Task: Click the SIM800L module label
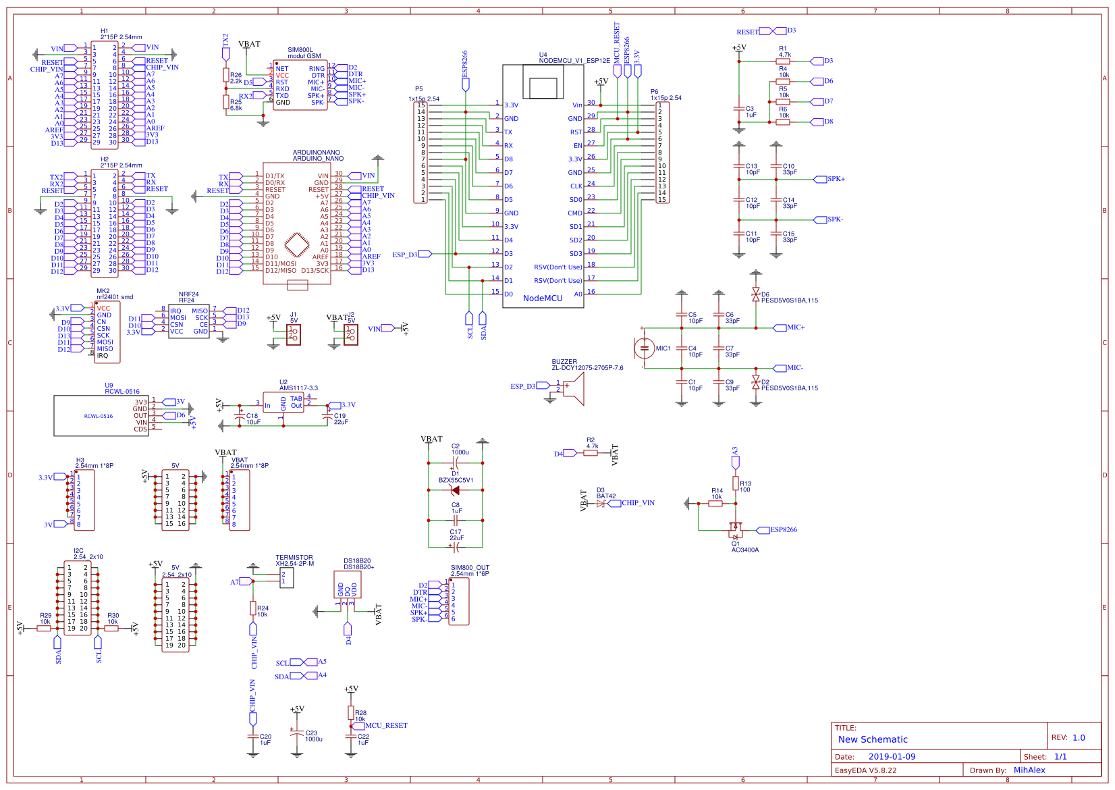pyautogui.click(x=300, y=50)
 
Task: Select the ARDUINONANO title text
pyautogui.click(x=317, y=153)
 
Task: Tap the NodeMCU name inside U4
pyautogui.click(x=543, y=298)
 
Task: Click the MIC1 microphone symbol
pyautogui.click(x=645, y=348)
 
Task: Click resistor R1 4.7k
pyautogui.click(x=783, y=61)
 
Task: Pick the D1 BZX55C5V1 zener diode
pyautogui.click(x=456, y=490)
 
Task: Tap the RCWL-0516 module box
pyautogui.click(x=101, y=416)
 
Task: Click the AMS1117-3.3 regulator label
pyautogui.click(x=298, y=388)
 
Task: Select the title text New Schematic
pyautogui.click(x=873, y=739)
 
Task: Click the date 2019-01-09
pyautogui.click(x=892, y=757)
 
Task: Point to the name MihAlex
pyautogui.click(x=1029, y=770)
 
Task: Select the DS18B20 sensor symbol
pyautogui.click(x=347, y=585)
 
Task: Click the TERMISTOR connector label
pyautogui.click(x=294, y=558)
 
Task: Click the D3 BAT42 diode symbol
pyautogui.click(x=601, y=503)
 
